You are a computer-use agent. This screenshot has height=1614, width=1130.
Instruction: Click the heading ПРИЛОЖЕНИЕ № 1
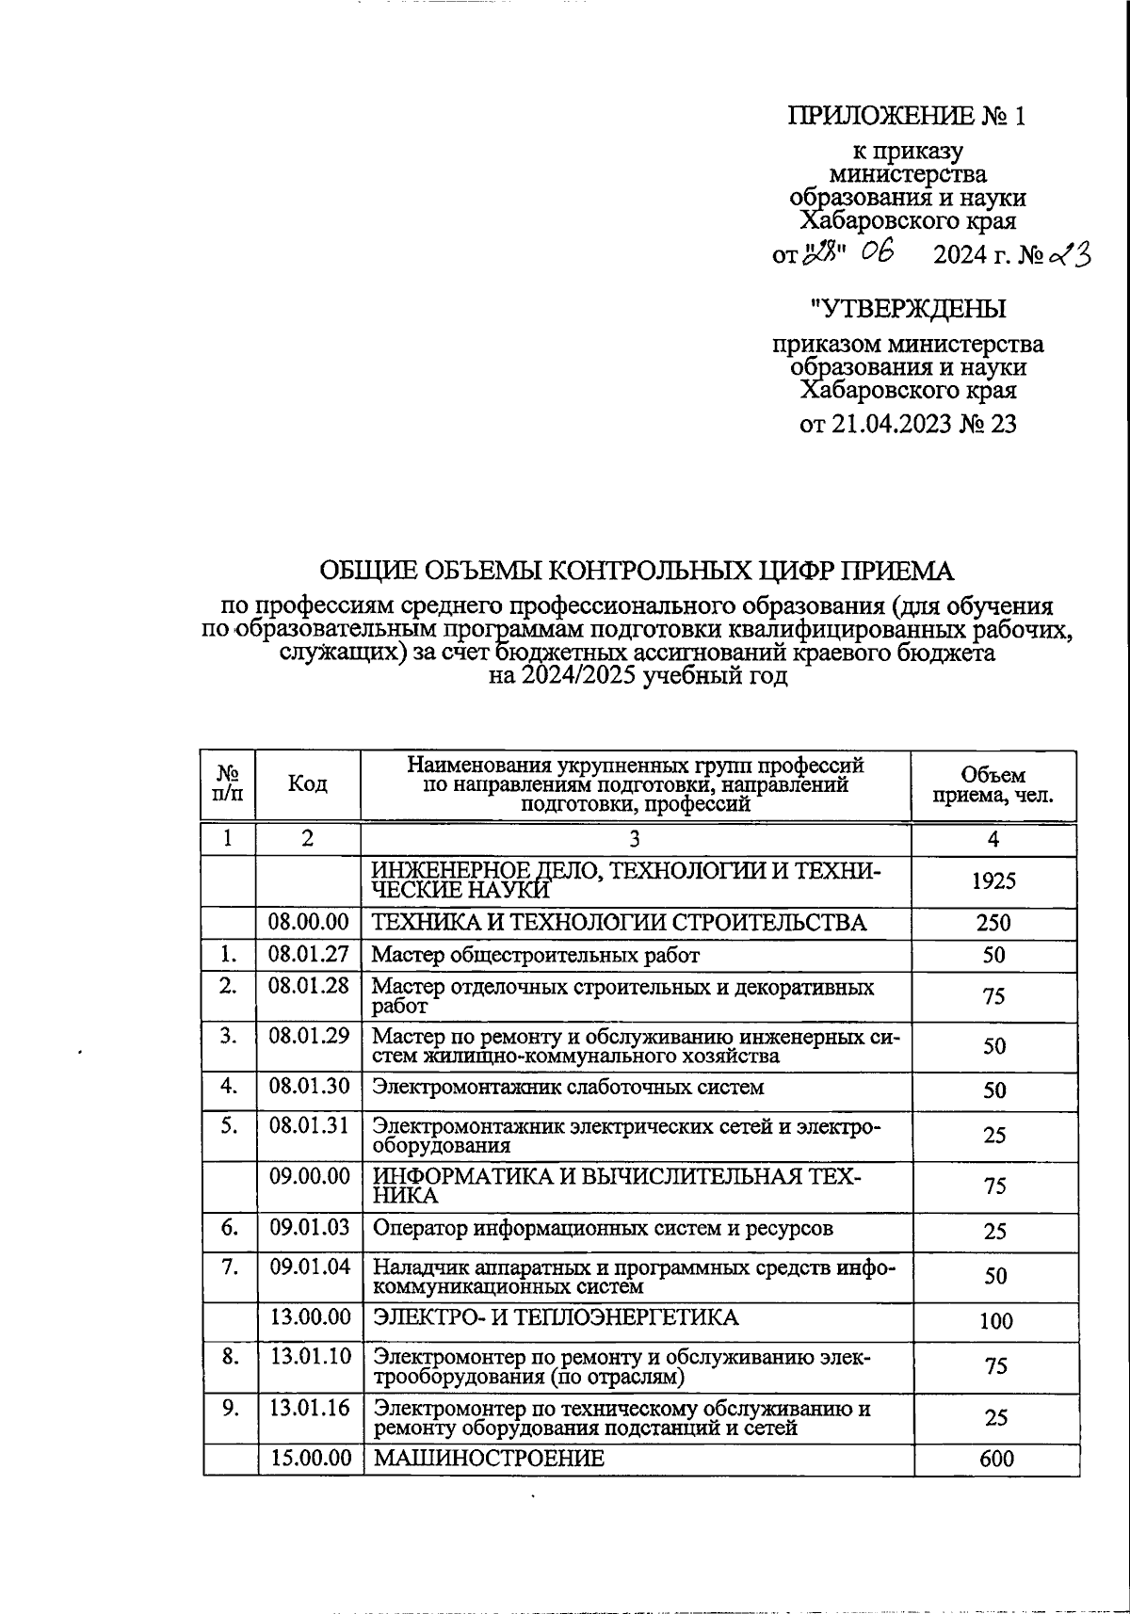(906, 116)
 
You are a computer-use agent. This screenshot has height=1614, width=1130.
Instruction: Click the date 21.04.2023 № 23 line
(908, 425)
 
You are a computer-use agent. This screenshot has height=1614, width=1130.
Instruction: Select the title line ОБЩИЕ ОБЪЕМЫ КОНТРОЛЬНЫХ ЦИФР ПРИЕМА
(637, 572)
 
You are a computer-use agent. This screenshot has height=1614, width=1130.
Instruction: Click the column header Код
(307, 784)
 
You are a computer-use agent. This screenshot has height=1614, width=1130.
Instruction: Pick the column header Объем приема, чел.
(993, 785)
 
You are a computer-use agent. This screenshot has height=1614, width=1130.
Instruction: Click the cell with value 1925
(993, 880)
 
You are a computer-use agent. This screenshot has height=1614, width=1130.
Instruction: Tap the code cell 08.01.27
(309, 955)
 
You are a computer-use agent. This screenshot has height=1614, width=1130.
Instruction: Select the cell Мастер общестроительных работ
(536, 956)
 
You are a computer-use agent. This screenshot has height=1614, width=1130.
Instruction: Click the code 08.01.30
(309, 1086)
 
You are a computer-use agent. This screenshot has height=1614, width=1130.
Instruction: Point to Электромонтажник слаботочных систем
(568, 1088)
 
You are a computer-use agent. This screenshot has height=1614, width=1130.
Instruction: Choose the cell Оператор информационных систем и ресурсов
(603, 1228)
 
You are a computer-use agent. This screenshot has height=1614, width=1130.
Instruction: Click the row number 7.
(229, 1267)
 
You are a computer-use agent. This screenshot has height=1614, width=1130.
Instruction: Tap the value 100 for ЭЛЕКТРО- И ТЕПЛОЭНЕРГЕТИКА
(995, 1320)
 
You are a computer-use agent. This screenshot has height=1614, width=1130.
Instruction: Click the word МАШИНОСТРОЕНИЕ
(489, 1459)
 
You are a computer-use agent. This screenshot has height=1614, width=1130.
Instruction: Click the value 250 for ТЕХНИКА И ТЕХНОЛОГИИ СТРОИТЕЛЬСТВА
(994, 923)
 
